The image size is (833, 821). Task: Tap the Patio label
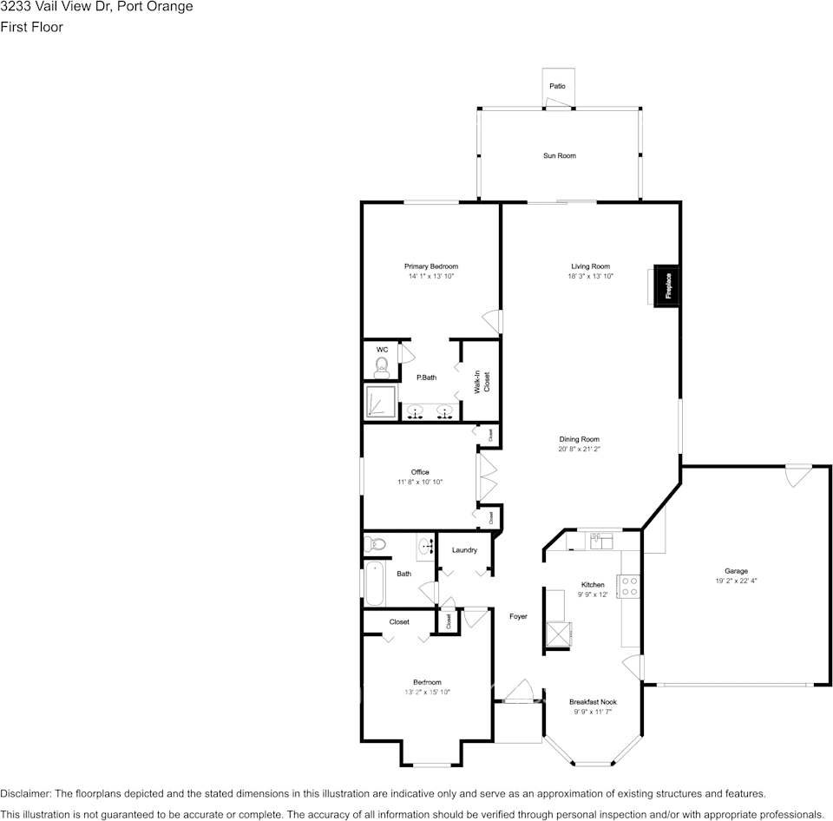(x=557, y=86)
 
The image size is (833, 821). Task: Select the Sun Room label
(x=560, y=156)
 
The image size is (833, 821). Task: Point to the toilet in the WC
(x=381, y=368)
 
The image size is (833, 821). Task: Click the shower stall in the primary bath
(x=381, y=401)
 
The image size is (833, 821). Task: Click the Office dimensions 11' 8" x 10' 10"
(x=420, y=482)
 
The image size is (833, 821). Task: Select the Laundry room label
(x=464, y=549)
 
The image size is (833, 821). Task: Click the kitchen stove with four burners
(x=630, y=586)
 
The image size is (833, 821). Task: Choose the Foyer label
(x=518, y=616)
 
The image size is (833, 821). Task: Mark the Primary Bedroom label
(x=430, y=266)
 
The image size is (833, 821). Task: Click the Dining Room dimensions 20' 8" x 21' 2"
(x=579, y=450)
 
